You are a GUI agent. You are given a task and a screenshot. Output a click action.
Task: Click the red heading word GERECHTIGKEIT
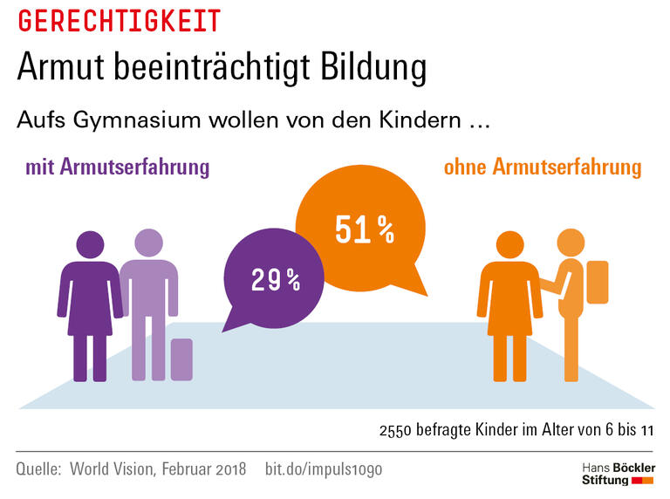coord(118,20)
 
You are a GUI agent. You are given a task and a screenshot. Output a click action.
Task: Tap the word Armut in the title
coord(62,68)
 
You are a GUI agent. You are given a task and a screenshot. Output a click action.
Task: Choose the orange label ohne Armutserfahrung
coord(542,167)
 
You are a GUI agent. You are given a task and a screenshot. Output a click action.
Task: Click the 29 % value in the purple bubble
coord(275,280)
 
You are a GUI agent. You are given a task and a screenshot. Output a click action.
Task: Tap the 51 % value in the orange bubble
coord(364,229)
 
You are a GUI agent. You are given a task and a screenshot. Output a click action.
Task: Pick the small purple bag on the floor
coord(181,359)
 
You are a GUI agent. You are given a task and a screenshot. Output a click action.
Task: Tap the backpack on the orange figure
coord(598,281)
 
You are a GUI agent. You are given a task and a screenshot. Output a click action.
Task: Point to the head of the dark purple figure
coord(90,245)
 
